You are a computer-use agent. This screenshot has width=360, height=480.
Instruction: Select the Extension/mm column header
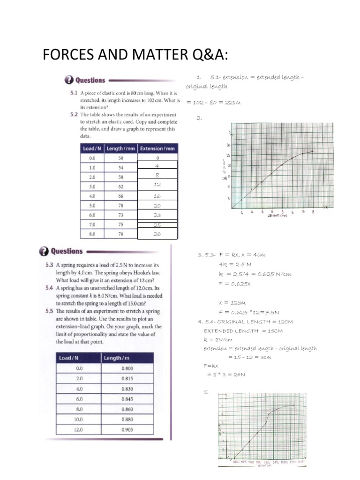pyautogui.click(x=157, y=149)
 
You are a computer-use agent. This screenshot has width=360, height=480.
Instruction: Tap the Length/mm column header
pyautogui.click(x=120, y=149)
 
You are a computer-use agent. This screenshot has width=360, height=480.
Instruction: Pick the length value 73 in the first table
pyautogui.click(x=121, y=215)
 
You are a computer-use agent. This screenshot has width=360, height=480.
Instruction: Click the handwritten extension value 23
pyautogui.click(x=157, y=215)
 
